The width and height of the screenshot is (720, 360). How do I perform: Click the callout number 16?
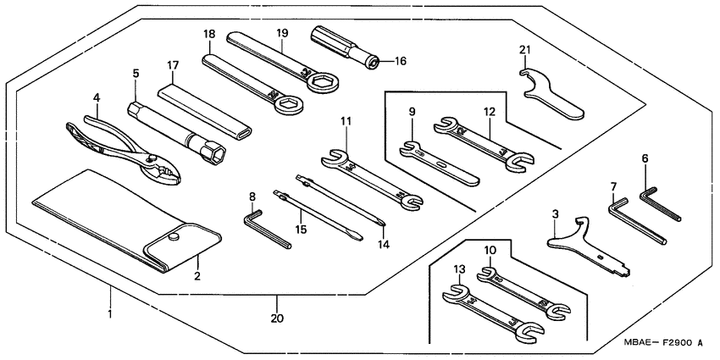[x=401, y=61]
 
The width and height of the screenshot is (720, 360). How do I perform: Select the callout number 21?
[x=525, y=50]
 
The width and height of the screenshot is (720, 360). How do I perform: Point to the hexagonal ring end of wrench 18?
[x=288, y=105]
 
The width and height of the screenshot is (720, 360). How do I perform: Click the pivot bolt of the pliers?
[x=150, y=158]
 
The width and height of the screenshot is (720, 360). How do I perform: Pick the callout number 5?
[x=136, y=74]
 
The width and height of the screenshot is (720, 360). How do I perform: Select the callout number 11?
[x=346, y=121]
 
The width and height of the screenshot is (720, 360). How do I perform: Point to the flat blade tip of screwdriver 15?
[x=358, y=237]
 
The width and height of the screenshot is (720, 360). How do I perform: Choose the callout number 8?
[x=252, y=197]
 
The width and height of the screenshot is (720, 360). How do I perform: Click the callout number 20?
[x=277, y=318]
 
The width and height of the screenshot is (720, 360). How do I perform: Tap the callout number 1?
[x=110, y=314]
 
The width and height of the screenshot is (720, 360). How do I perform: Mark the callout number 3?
[x=555, y=214]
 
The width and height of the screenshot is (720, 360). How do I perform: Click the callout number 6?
[x=645, y=159]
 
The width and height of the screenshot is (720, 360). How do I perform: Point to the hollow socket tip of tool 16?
[x=374, y=63]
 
